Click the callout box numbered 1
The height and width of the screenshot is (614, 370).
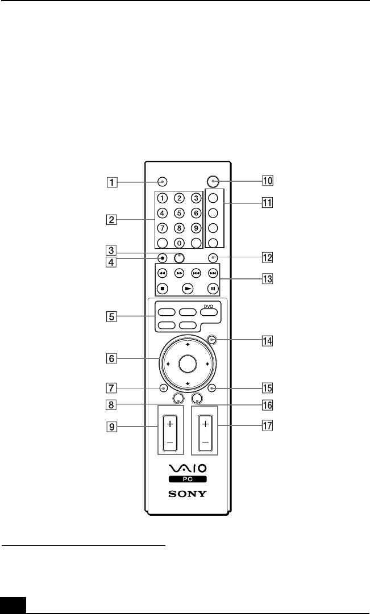114,183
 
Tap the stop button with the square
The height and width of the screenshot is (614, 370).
163,287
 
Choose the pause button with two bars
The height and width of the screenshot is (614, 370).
213,287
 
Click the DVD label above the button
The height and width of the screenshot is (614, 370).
209,305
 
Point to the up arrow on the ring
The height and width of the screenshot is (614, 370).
187,345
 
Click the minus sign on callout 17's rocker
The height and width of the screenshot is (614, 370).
204,441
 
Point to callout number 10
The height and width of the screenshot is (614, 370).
267,182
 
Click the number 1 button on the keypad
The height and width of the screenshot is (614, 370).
163,198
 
